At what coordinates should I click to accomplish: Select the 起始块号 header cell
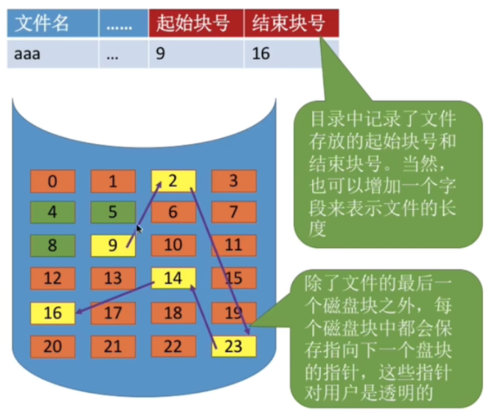click(x=195, y=24)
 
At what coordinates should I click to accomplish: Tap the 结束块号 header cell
click(x=291, y=24)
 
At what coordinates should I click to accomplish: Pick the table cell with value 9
click(x=195, y=54)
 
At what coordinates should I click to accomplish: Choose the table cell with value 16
click(x=291, y=54)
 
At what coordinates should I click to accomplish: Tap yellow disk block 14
click(x=173, y=278)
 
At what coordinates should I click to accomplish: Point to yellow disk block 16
click(x=52, y=312)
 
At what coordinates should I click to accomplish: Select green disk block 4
click(x=52, y=213)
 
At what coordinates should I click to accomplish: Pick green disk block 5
click(x=113, y=213)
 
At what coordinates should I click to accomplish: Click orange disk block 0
click(x=52, y=181)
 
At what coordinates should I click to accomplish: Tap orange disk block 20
click(x=52, y=344)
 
